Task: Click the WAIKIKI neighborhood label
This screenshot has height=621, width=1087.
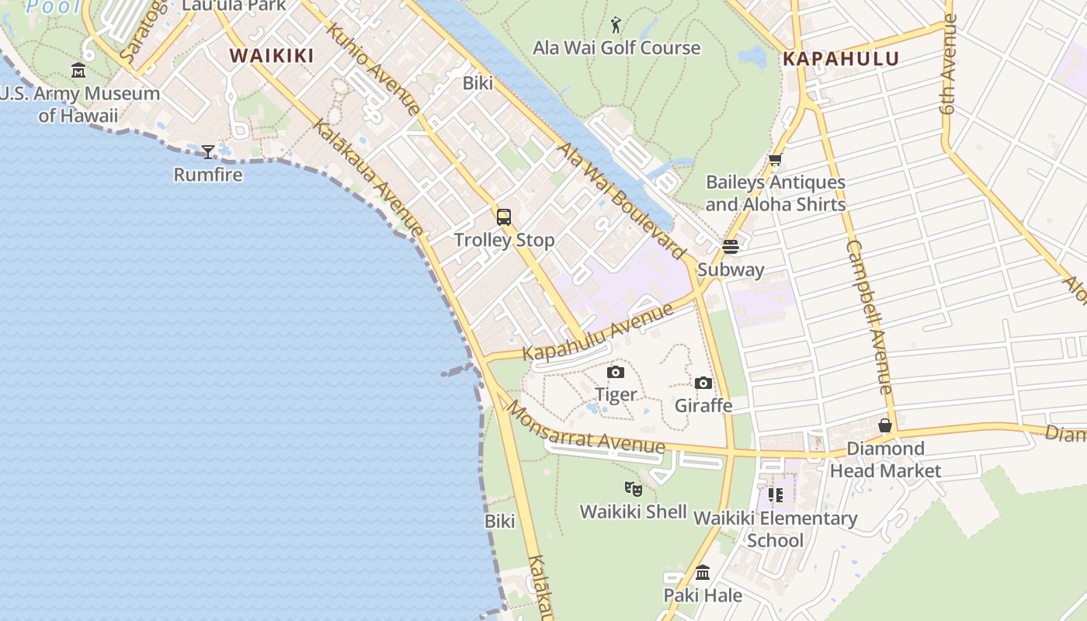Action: pos(272,56)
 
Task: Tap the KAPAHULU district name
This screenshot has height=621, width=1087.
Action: pos(841,59)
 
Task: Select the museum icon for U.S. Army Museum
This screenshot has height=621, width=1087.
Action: pos(78,71)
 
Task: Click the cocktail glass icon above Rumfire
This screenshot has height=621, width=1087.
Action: pos(208,151)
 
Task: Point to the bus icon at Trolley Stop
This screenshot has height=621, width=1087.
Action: pos(504,217)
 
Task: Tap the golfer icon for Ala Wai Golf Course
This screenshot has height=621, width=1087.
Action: pos(616,25)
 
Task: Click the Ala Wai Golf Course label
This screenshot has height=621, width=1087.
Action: pos(616,48)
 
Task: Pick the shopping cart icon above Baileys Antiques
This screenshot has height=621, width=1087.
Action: pos(775,160)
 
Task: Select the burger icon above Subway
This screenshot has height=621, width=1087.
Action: pos(730,247)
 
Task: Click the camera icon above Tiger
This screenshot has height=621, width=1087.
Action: pos(616,373)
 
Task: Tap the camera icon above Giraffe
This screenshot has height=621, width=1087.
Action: pos(703,383)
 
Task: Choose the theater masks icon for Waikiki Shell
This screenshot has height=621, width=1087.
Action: pos(634,489)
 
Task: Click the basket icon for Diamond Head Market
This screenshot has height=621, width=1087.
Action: pos(885,425)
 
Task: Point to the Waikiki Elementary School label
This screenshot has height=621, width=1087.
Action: pos(776,529)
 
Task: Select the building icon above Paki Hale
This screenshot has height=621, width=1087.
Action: pos(703,573)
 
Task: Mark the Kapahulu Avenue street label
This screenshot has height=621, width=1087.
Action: pos(598,332)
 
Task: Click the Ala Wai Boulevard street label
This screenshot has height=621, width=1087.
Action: pos(621,199)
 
